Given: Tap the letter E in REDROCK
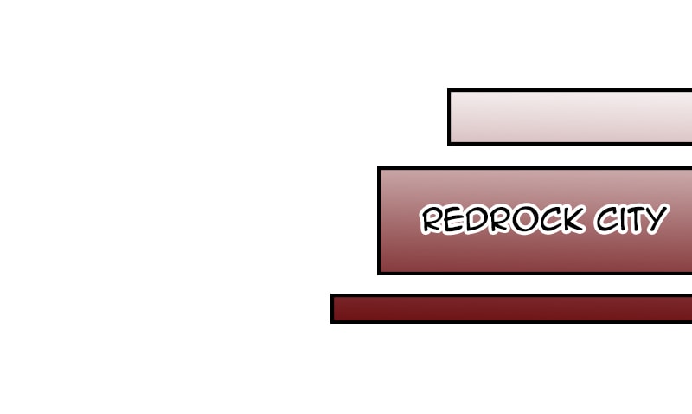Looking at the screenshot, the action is [453, 220].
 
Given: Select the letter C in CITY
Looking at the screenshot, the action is [607, 219].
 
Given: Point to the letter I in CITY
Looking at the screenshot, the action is [625, 219].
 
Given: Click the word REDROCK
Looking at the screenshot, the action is [503, 219].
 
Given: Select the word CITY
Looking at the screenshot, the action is [632, 219].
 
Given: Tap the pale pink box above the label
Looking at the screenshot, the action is [570, 117].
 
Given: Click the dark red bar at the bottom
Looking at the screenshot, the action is [511, 308].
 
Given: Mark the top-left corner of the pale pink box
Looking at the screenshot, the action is [447, 89].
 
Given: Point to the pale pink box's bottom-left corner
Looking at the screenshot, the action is [447, 145].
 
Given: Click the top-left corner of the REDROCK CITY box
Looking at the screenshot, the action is [378, 167].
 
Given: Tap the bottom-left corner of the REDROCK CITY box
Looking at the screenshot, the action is [378, 275].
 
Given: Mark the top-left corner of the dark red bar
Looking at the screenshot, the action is [330, 294].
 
